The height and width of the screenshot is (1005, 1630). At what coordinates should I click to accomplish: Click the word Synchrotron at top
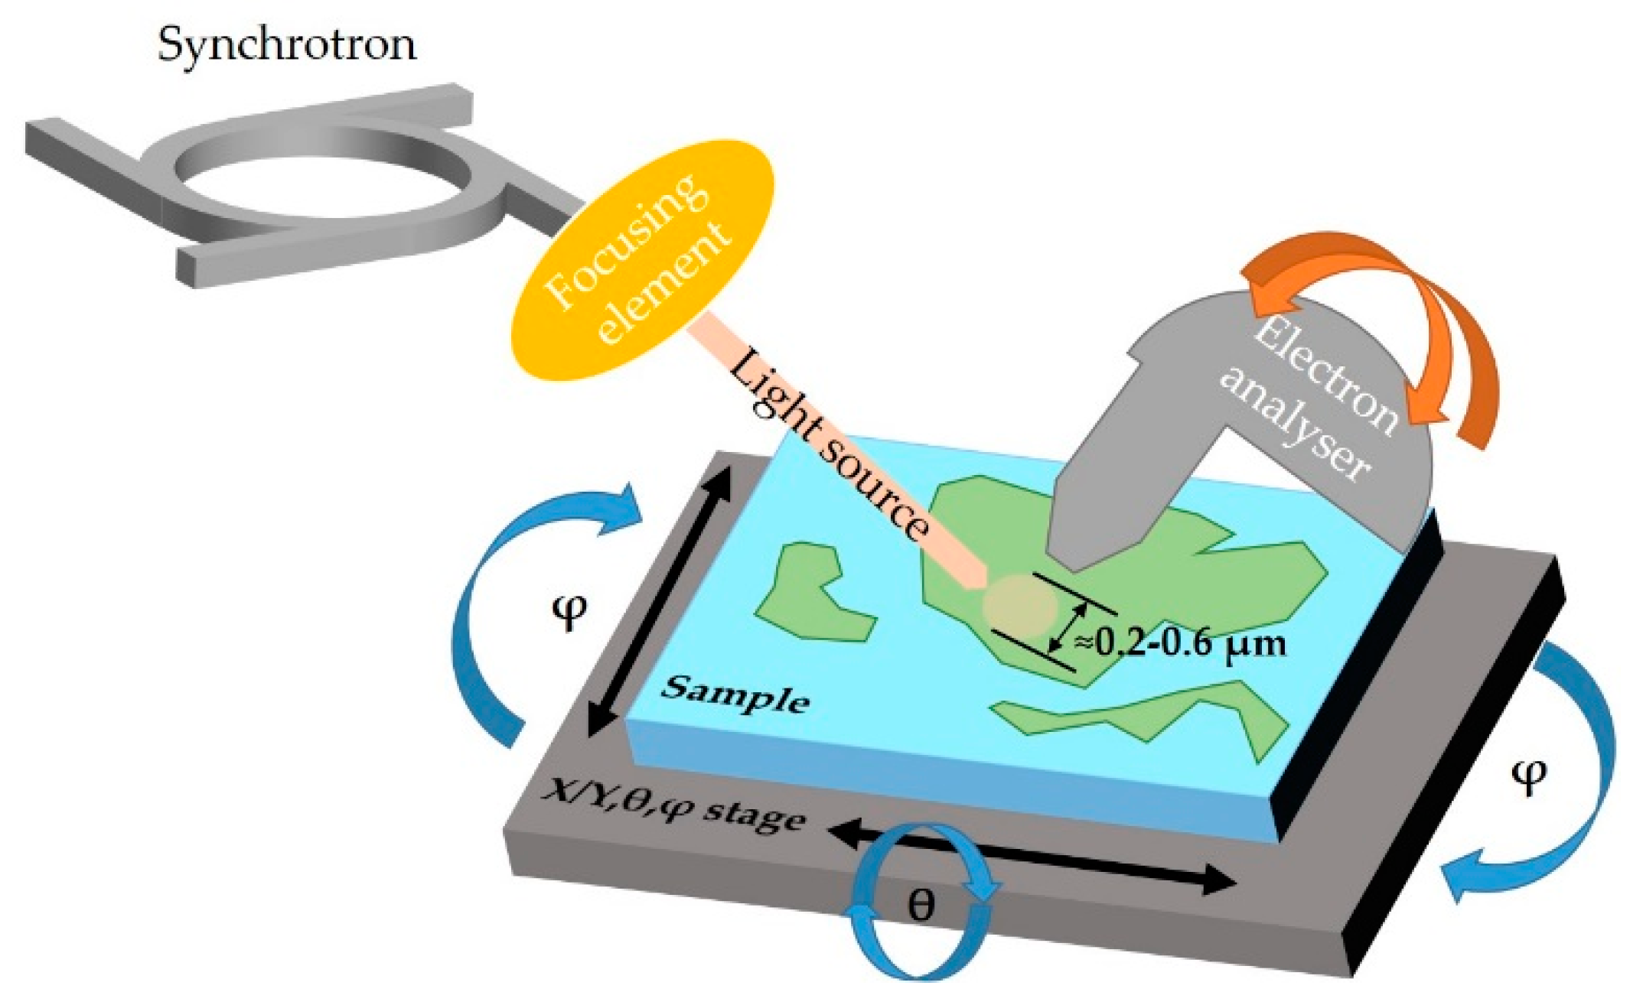pos(287,44)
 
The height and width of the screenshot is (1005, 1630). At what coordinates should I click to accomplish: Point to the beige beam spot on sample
pos(1019,606)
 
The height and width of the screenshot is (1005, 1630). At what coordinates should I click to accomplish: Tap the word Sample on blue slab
pos(735,694)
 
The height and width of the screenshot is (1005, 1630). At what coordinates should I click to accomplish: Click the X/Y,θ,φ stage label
pos(673,809)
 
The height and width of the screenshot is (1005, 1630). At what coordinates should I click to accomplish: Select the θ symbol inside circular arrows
pos(920,907)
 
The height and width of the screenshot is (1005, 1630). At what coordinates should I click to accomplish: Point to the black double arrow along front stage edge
pos(1033,857)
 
